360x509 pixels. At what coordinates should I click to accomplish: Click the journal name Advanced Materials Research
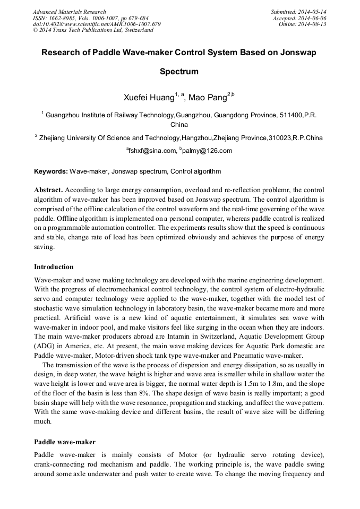coord(69,12)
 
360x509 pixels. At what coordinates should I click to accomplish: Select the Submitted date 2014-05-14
coord(313,12)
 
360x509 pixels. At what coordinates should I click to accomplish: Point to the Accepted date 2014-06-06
coord(314,18)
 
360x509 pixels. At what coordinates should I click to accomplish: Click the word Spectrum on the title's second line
coord(179,71)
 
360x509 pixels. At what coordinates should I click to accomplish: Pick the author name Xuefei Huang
coord(149,97)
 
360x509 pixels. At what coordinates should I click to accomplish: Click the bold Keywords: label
coord(51,171)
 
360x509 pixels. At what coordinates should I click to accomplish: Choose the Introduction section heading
coord(54,266)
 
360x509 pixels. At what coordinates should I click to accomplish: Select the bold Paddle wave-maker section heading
coord(64,442)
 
